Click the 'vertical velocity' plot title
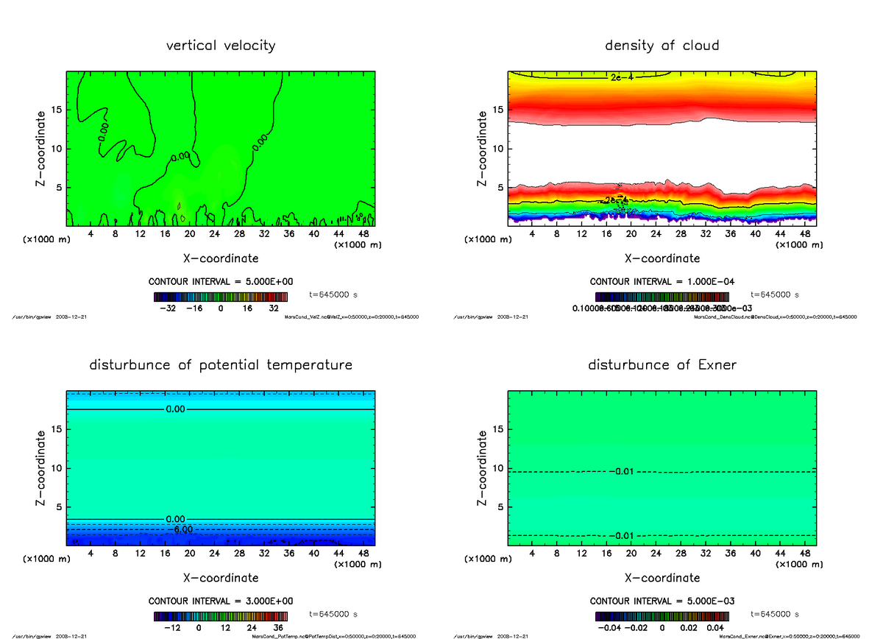(221, 46)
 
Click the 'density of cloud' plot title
(662, 46)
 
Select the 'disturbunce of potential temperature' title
(221, 365)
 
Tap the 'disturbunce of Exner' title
(662, 365)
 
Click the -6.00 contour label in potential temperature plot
(179, 529)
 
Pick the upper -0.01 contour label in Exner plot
(621, 471)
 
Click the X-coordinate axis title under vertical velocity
(221, 258)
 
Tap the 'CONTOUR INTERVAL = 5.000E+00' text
(221, 282)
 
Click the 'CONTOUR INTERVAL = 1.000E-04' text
(662, 282)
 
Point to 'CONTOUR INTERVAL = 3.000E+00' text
(221, 601)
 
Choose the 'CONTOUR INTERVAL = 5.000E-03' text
(662, 601)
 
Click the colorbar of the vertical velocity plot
(221, 297)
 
